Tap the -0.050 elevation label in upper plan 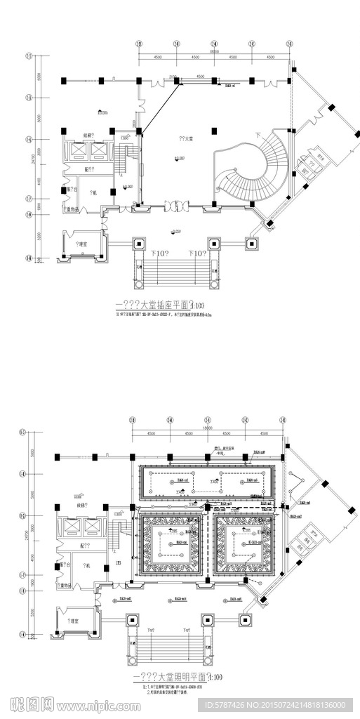point(176,230)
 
